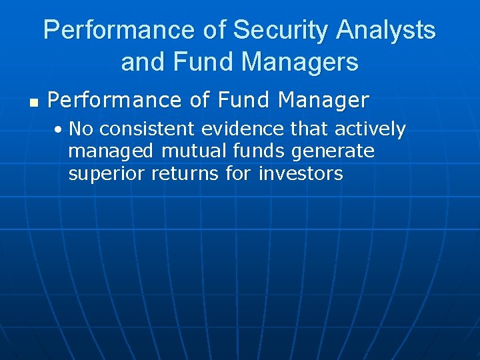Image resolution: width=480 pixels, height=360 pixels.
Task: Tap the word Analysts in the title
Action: pyautogui.click(x=387, y=31)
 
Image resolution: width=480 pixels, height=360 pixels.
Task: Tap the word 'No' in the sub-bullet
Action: pyautogui.click(x=80, y=129)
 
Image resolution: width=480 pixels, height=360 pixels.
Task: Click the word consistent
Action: pyautogui.click(x=141, y=129)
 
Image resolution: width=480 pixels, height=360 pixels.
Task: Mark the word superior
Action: pyautogui.click(x=107, y=175)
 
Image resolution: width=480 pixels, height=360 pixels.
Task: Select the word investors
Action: pyautogui.click(x=300, y=175)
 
